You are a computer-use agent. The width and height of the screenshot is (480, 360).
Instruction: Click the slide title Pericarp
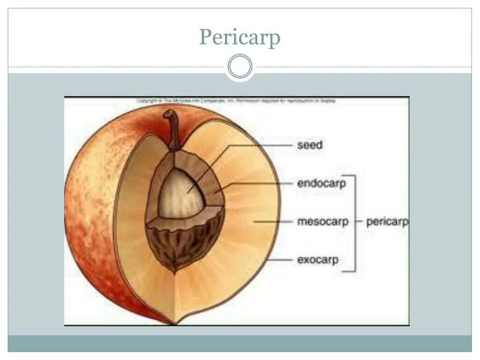(x=240, y=37)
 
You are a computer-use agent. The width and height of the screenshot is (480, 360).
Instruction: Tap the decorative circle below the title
(x=240, y=67)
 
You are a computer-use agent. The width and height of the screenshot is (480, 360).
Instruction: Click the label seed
(x=310, y=145)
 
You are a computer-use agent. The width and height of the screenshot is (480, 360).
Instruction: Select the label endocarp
(x=321, y=183)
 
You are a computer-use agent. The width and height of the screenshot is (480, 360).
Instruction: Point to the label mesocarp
(x=322, y=221)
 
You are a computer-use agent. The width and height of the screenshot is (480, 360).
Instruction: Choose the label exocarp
(x=317, y=259)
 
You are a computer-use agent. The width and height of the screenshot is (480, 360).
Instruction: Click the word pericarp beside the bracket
(x=387, y=221)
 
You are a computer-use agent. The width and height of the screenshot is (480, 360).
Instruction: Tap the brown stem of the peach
(x=174, y=129)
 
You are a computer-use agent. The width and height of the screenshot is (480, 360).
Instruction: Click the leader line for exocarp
(x=280, y=259)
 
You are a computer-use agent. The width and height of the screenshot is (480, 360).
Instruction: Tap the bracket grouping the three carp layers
(x=354, y=223)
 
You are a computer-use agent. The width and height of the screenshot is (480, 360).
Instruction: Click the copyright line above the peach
(x=236, y=101)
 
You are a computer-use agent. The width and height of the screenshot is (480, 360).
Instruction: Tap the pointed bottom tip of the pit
(x=175, y=271)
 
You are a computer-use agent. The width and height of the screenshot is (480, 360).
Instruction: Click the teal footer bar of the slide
(x=240, y=343)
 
